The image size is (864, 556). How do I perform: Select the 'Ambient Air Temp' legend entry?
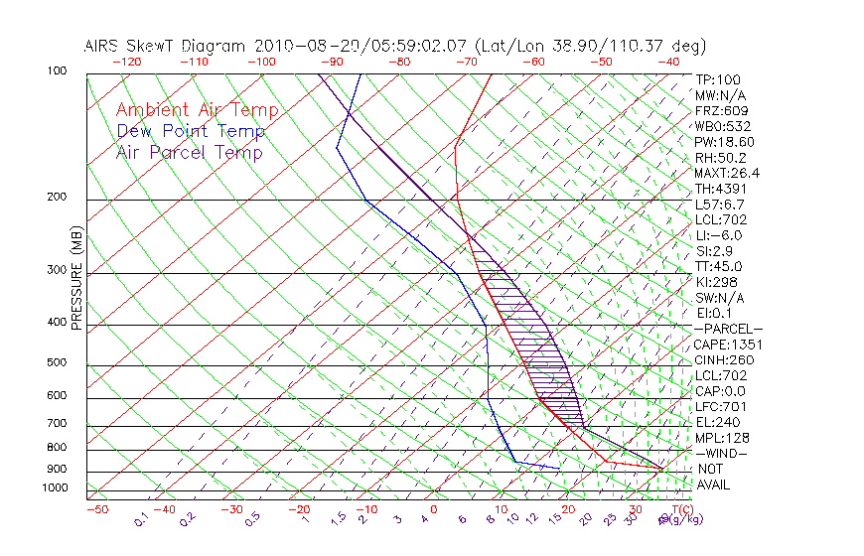(198, 110)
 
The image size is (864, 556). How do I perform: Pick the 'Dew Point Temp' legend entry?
(191, 131)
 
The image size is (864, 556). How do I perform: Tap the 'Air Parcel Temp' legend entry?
(190, 152)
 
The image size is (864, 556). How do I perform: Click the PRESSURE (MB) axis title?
(76, 277)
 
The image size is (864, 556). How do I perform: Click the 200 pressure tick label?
(56, 197)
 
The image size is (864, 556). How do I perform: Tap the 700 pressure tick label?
(56, 424)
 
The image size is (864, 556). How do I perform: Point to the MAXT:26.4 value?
(727, 173)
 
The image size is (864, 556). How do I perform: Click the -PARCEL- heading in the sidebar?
(728, 329)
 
